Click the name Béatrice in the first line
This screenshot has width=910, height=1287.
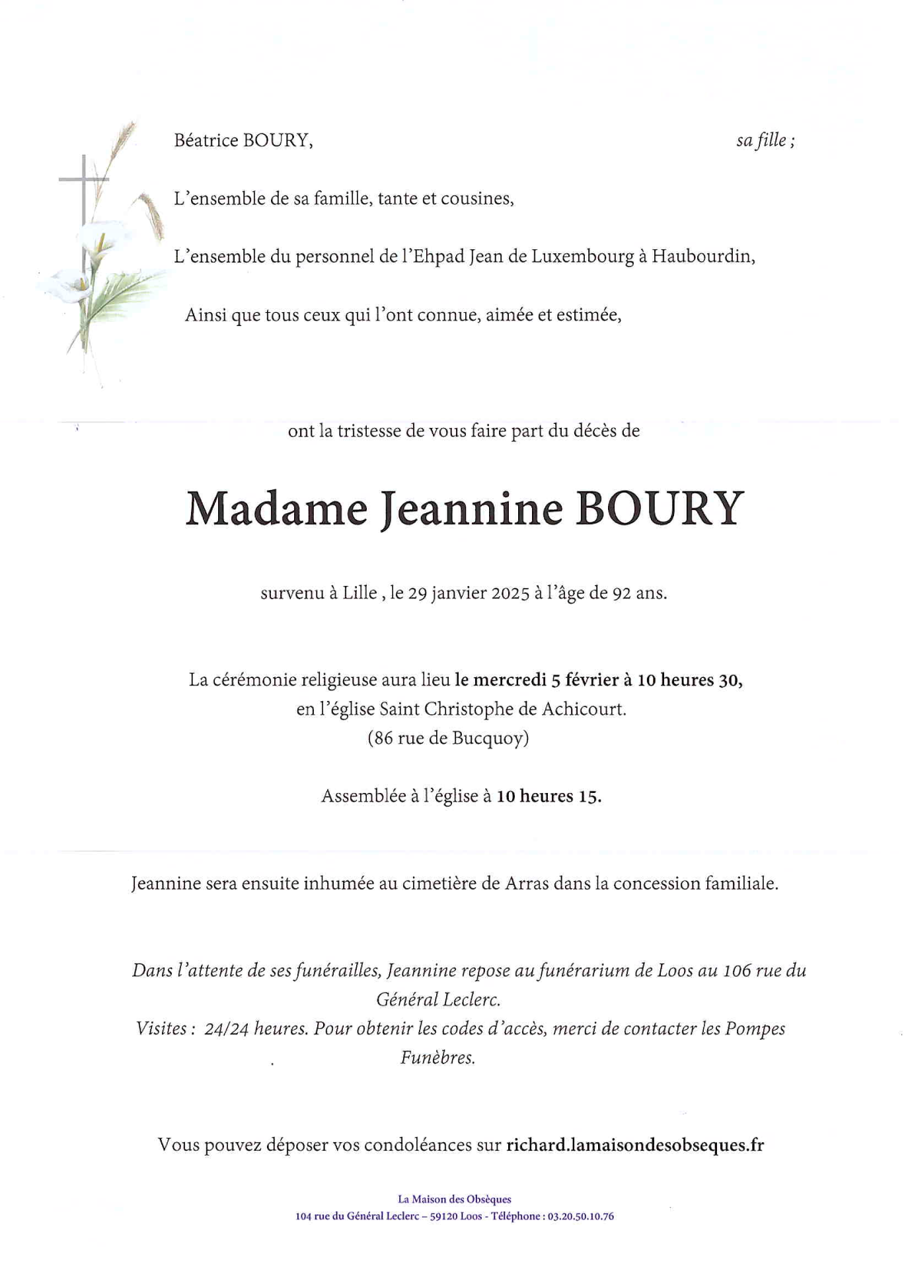[x=206, y=140]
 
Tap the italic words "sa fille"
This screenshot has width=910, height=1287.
[x=761, y=140]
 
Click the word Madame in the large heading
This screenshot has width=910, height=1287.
[x=276, y=509]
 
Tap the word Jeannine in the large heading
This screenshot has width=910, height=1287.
[x=471, y=509]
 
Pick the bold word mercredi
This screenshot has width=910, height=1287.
[x=510, y=680]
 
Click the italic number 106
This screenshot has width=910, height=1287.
[x=738, y=971]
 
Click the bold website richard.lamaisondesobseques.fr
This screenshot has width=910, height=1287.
[x=635, y=1145]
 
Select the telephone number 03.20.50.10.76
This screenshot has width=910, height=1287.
[x=581, y=1216]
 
